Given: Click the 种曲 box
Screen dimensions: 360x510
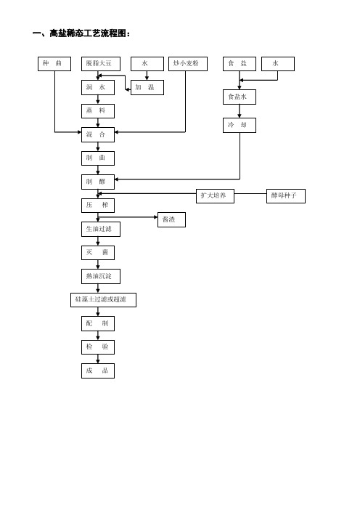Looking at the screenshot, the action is tap(54, 64).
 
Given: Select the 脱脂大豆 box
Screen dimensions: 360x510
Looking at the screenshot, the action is tap(101, 64).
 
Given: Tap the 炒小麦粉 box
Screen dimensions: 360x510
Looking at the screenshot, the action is tap(188, 64).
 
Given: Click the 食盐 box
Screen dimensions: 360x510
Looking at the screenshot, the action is tap(240, 64).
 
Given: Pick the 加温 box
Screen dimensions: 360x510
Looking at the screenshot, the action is tap(147, 87).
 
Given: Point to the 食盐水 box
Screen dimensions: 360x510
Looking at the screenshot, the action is tap(240, 97).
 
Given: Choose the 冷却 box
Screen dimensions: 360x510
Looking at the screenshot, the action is tap(240, 125).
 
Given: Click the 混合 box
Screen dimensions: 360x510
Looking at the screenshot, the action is tap(98, 134).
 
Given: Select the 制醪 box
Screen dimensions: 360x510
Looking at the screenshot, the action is tap(98, 182).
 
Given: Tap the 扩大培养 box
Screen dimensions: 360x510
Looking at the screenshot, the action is tap(215, 196).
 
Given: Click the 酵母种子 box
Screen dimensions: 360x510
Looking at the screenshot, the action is tap(286, 196).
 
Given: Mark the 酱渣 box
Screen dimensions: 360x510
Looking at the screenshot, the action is tap(171, 219).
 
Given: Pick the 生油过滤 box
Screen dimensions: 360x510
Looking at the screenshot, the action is tap(101, 229).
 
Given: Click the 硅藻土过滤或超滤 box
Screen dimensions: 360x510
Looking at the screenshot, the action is tap(103, 300).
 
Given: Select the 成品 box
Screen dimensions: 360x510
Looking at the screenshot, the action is tap(98, 371).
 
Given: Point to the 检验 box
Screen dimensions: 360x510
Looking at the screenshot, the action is tap(98, 347).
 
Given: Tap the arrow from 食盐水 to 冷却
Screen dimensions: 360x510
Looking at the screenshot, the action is tap(240, 111).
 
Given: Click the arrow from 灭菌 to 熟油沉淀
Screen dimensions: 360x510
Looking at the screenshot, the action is tap(98, 264).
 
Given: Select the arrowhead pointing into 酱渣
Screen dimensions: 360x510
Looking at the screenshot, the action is tap(155, 217).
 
